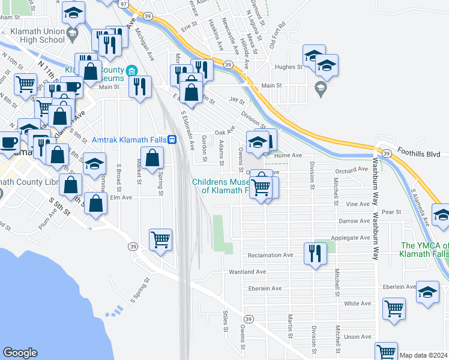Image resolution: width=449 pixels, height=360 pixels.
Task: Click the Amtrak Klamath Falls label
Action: point(128,139)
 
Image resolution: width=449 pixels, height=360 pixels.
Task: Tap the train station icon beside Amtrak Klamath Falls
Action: point(172,139)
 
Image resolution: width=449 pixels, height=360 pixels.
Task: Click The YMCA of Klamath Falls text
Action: point(424,250)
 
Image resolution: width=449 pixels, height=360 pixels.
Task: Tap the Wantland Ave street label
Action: point(248,272)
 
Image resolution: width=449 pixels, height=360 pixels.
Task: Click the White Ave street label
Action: point(358,304)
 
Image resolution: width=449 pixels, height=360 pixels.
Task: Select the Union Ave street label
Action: point(358,337)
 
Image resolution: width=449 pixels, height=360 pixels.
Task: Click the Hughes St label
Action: point(287,67)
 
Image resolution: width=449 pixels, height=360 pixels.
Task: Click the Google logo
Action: point(20,353)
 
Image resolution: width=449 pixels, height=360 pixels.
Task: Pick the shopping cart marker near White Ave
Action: point(394,309)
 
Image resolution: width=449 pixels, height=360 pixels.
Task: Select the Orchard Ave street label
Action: point(352,170)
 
